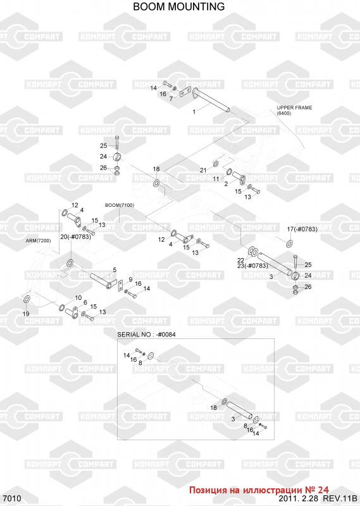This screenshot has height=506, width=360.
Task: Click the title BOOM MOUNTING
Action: [179, 6]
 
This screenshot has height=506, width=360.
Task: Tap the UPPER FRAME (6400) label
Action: [294, 110]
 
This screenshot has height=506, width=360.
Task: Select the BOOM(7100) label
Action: [120, 205]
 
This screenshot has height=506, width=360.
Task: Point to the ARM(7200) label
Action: [39, 241]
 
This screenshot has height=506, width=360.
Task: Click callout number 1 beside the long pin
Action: [194, 112]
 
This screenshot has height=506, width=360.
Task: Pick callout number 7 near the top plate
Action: [171, 99]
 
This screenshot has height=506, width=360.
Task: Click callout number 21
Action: [203, 170]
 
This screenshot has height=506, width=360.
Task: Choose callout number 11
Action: [216, 178]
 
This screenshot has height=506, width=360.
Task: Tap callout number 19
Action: [26, 314]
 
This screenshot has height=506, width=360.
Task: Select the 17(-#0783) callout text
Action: [302, 229]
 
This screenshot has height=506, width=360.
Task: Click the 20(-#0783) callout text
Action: [75, 237]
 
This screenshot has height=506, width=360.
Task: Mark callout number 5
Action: [115, 270]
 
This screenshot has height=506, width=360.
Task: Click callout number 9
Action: [130, 279]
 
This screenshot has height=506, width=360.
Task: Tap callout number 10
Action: [78, 297]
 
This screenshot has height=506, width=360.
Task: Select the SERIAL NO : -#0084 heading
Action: [146, 335]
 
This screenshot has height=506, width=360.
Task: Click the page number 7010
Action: [11, 498]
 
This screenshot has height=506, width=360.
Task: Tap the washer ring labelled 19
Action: [27, 299]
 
